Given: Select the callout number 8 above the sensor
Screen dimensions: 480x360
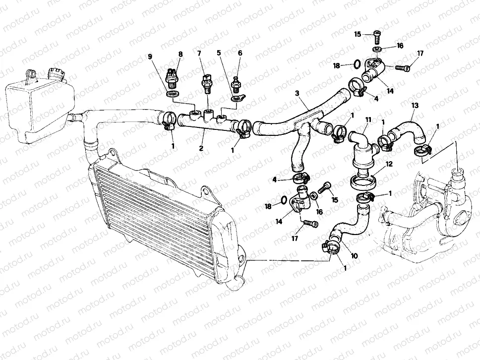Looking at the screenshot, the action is (x=180, y=54).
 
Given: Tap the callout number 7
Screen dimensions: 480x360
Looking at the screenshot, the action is (x=200, y=53).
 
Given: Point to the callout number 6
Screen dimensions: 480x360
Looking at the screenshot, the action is (x=240, y=53).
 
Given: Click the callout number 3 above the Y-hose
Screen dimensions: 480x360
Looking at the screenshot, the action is (x=297, y=93).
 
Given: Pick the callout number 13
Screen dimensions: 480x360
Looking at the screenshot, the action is (x=415, y=106).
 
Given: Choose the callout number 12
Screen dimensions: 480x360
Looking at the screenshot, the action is (x=389, y=164).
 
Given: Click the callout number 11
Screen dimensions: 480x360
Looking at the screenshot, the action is (x=368, y=120).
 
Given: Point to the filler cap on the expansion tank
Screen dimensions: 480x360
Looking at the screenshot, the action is (x=57, y=75).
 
